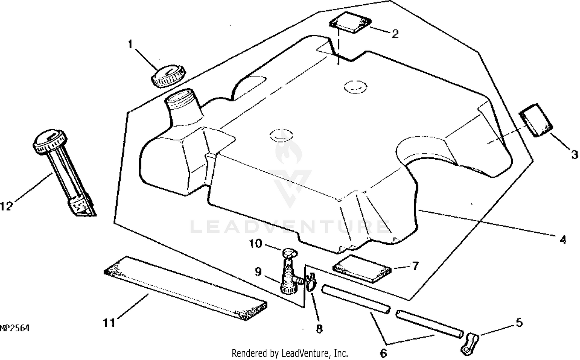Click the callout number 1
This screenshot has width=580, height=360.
[130, 44]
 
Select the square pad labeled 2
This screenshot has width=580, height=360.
[350, 22]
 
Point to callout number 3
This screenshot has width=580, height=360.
[574, 155]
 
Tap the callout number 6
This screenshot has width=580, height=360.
[383, 353]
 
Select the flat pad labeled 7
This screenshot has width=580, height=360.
[362, 269]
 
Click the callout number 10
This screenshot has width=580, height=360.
[255, 244]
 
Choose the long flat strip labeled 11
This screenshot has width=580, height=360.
[185, 288]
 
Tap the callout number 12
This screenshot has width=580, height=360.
[6, 206]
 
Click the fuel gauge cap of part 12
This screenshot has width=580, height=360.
[50, 142]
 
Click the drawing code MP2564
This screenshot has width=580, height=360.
[15, 328]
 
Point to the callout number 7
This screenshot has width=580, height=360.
[415, 266]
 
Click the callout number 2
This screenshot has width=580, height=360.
[395, 34]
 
